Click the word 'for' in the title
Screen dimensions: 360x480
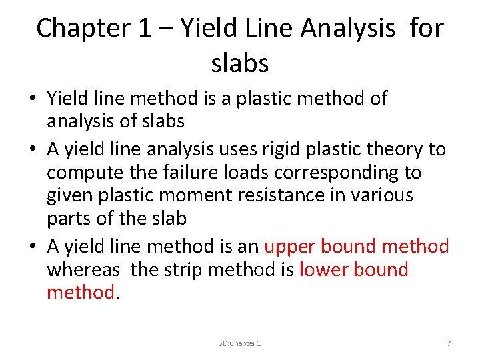coord(427,28)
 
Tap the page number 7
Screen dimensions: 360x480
coord(449,343)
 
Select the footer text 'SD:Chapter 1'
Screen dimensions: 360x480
coord(239,343)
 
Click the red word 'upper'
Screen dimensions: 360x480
coord(291,246)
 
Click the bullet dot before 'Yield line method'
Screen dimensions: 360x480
coord(31,99)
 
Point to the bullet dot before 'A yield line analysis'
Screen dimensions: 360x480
coord(31,149)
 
